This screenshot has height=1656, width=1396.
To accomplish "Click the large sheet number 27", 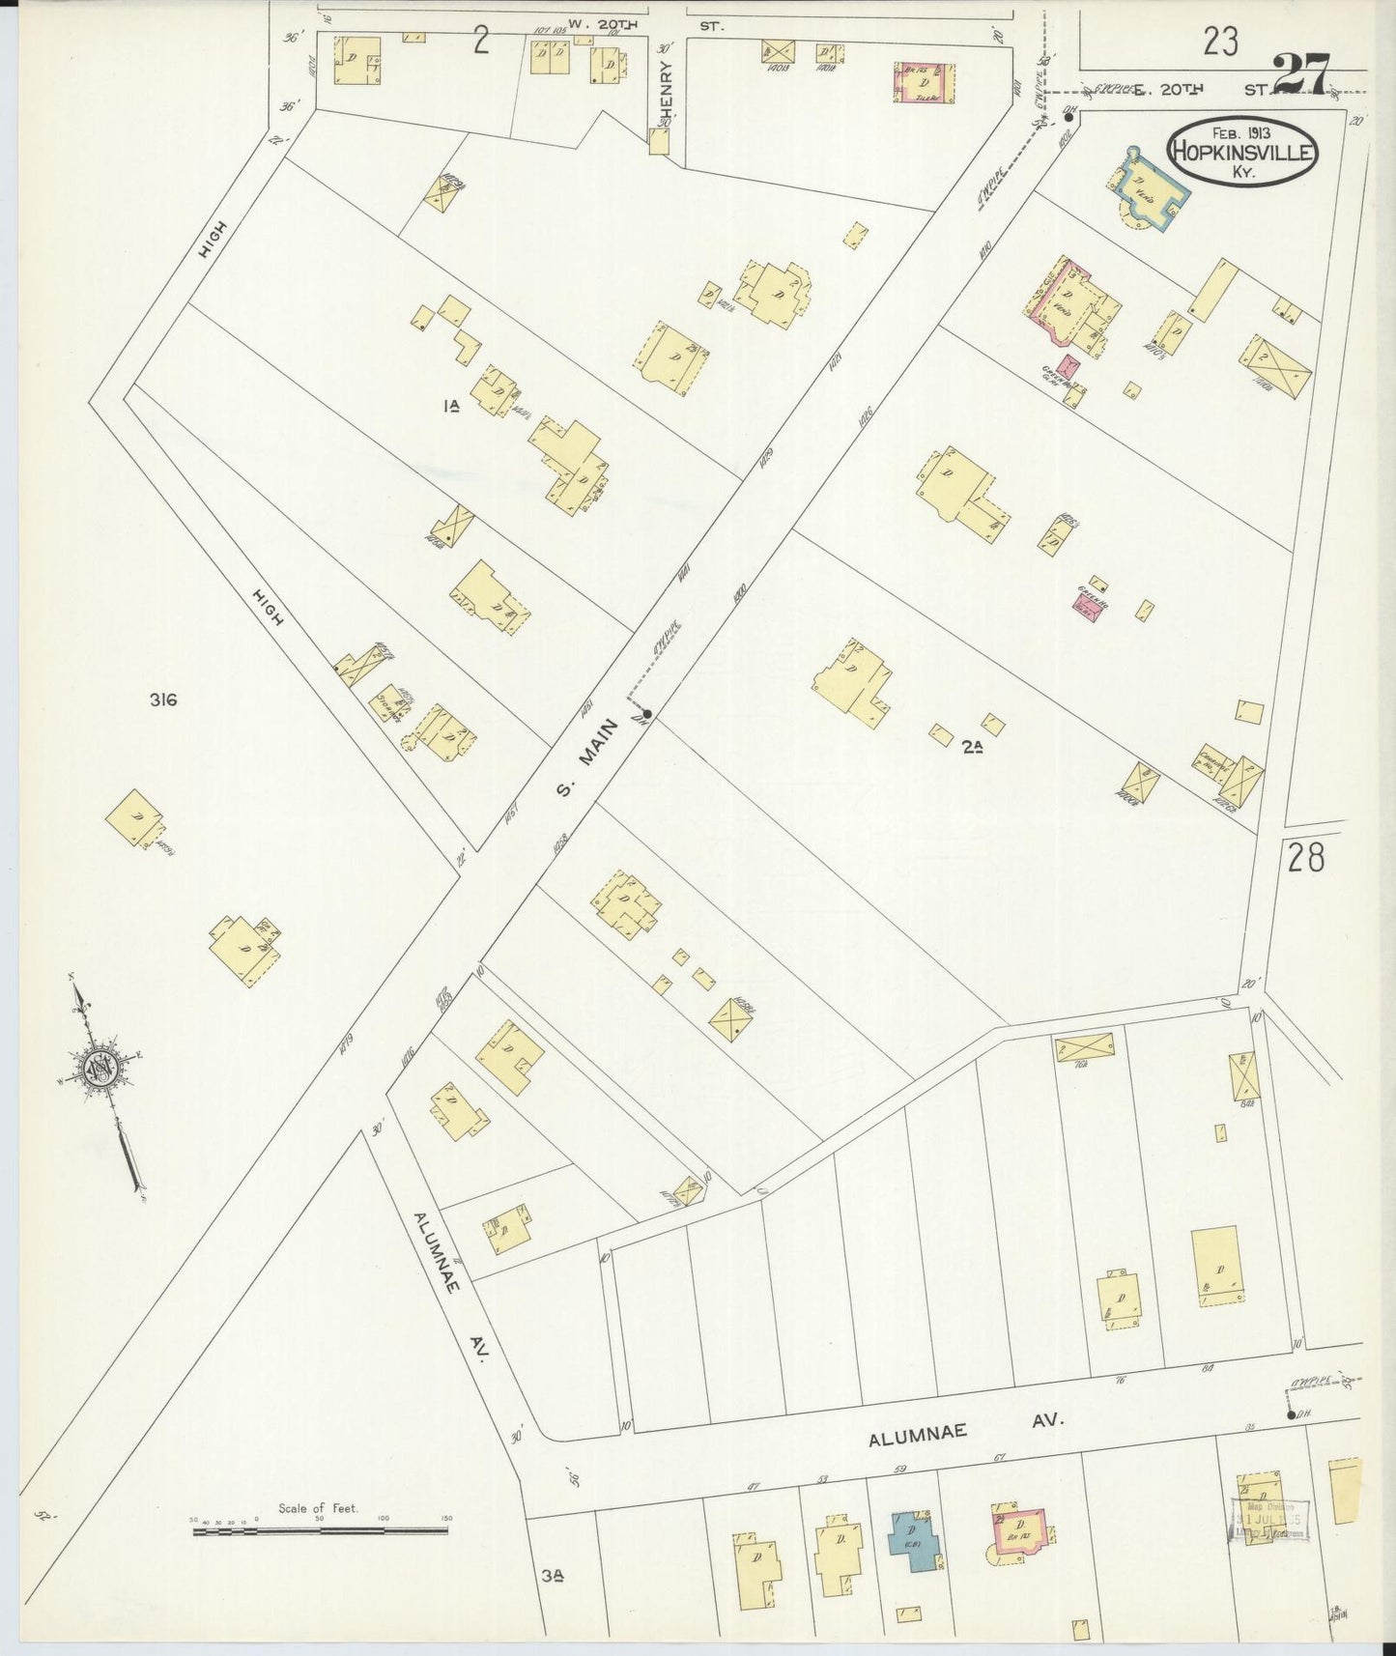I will (1300, 73).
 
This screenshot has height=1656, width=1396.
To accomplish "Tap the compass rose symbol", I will (100, 1069).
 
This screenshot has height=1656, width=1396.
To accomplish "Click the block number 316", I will (163, 700).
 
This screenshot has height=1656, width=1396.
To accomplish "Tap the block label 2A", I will (971, 745).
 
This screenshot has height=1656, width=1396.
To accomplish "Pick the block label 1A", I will (449, 408).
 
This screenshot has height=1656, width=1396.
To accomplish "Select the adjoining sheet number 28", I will (1305, 857).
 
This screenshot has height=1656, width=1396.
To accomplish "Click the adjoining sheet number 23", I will (1221, 42).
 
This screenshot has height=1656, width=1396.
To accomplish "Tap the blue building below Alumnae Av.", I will (914, 1540).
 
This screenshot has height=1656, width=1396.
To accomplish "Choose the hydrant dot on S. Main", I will (647, 714).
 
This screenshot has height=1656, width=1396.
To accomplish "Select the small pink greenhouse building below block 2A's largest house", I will (1084, 604).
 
